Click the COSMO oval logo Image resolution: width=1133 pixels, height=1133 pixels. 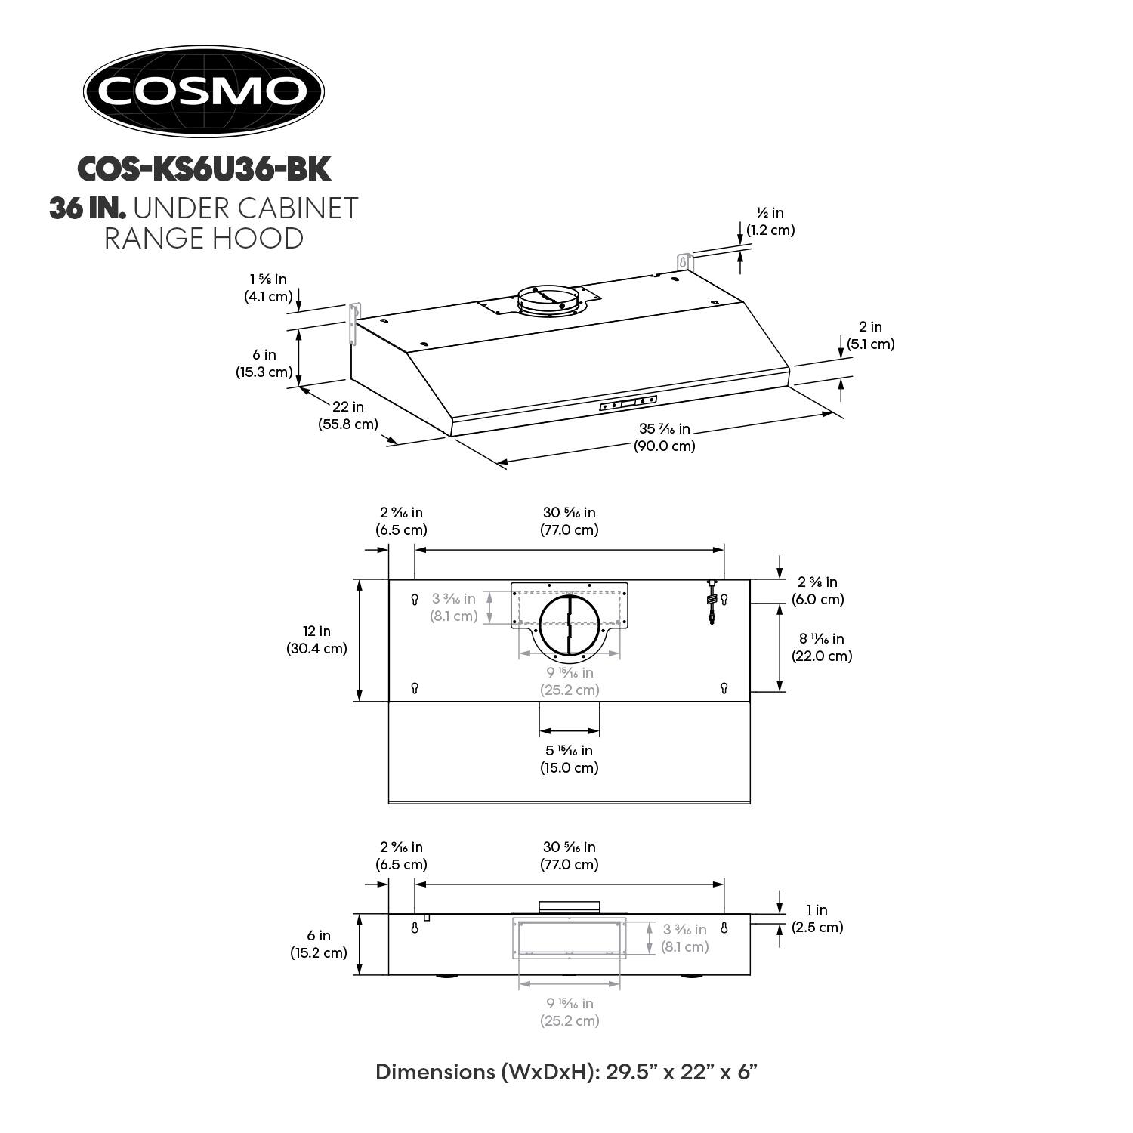[x=203, y=91]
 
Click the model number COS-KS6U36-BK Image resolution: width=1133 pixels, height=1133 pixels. [x=204, y=169]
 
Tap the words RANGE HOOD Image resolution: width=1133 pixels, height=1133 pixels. [x=204, y=239]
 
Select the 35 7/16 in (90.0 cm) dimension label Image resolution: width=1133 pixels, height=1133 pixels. [x=664, y=437]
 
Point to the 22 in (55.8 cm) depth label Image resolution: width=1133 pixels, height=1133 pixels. [x=348, y=415]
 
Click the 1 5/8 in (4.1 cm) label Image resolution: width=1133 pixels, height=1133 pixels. [x=268, y=288]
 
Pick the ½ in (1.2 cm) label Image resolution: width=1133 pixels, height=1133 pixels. [x=770, y=221]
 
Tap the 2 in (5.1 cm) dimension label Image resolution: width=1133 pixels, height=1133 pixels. [x=870, y=335]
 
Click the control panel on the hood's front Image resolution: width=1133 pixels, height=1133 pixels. [x=628, y=403]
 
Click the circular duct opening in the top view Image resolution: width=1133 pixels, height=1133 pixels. [x=570, y=624]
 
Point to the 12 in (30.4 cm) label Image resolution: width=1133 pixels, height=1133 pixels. [x=316, y=640]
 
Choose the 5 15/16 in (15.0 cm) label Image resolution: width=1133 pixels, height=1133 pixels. [x=569, y=759]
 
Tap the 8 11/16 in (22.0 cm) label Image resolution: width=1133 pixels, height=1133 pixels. [x=822, y=647]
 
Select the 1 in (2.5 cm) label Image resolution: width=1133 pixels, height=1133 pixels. [x=817, y=918]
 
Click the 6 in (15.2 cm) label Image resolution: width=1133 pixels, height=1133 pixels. [x=319, y=944]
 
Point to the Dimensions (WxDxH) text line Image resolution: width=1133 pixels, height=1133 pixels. [x=566, y=1071]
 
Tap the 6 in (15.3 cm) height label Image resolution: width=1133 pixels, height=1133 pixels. [x=264, y=363]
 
